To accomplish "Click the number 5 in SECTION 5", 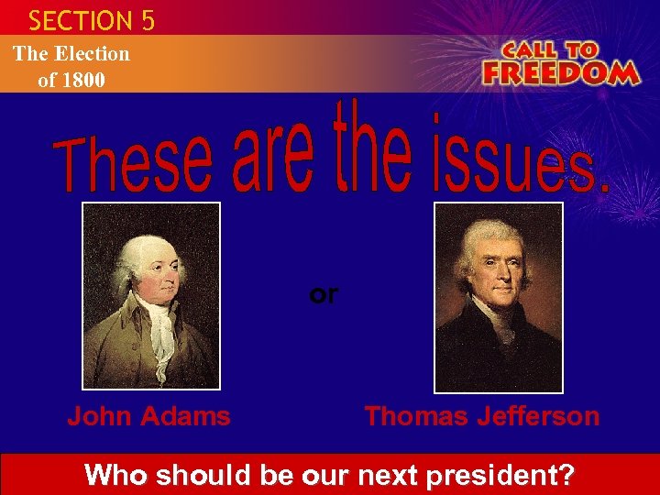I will pos(148,20).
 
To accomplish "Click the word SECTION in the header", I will pos(81,20).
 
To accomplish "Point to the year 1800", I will pos(83,80).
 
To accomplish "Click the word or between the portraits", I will pos(324,294).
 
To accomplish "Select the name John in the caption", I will pos(97,416).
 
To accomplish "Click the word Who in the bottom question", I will pos(116,476).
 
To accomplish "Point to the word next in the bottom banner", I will pos(382,476).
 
